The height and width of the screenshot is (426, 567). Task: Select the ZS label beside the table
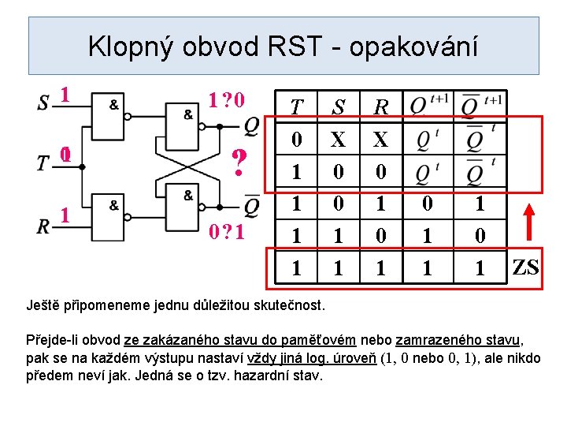(x=526, y=267)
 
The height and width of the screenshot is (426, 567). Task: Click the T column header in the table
(x=296, y=106)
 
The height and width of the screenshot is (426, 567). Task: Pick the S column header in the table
(x=339, y=106)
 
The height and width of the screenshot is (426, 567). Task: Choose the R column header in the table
(x=381, y=106)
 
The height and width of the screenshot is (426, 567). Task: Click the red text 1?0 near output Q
(x=228, y=100)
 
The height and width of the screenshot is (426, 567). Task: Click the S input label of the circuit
(x=43, y=103)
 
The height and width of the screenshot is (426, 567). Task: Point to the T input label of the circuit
(x=43, y=163)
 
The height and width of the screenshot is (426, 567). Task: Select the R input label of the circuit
(x=43, y=226)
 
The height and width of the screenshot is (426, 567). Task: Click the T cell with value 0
(x=296, y=140)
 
